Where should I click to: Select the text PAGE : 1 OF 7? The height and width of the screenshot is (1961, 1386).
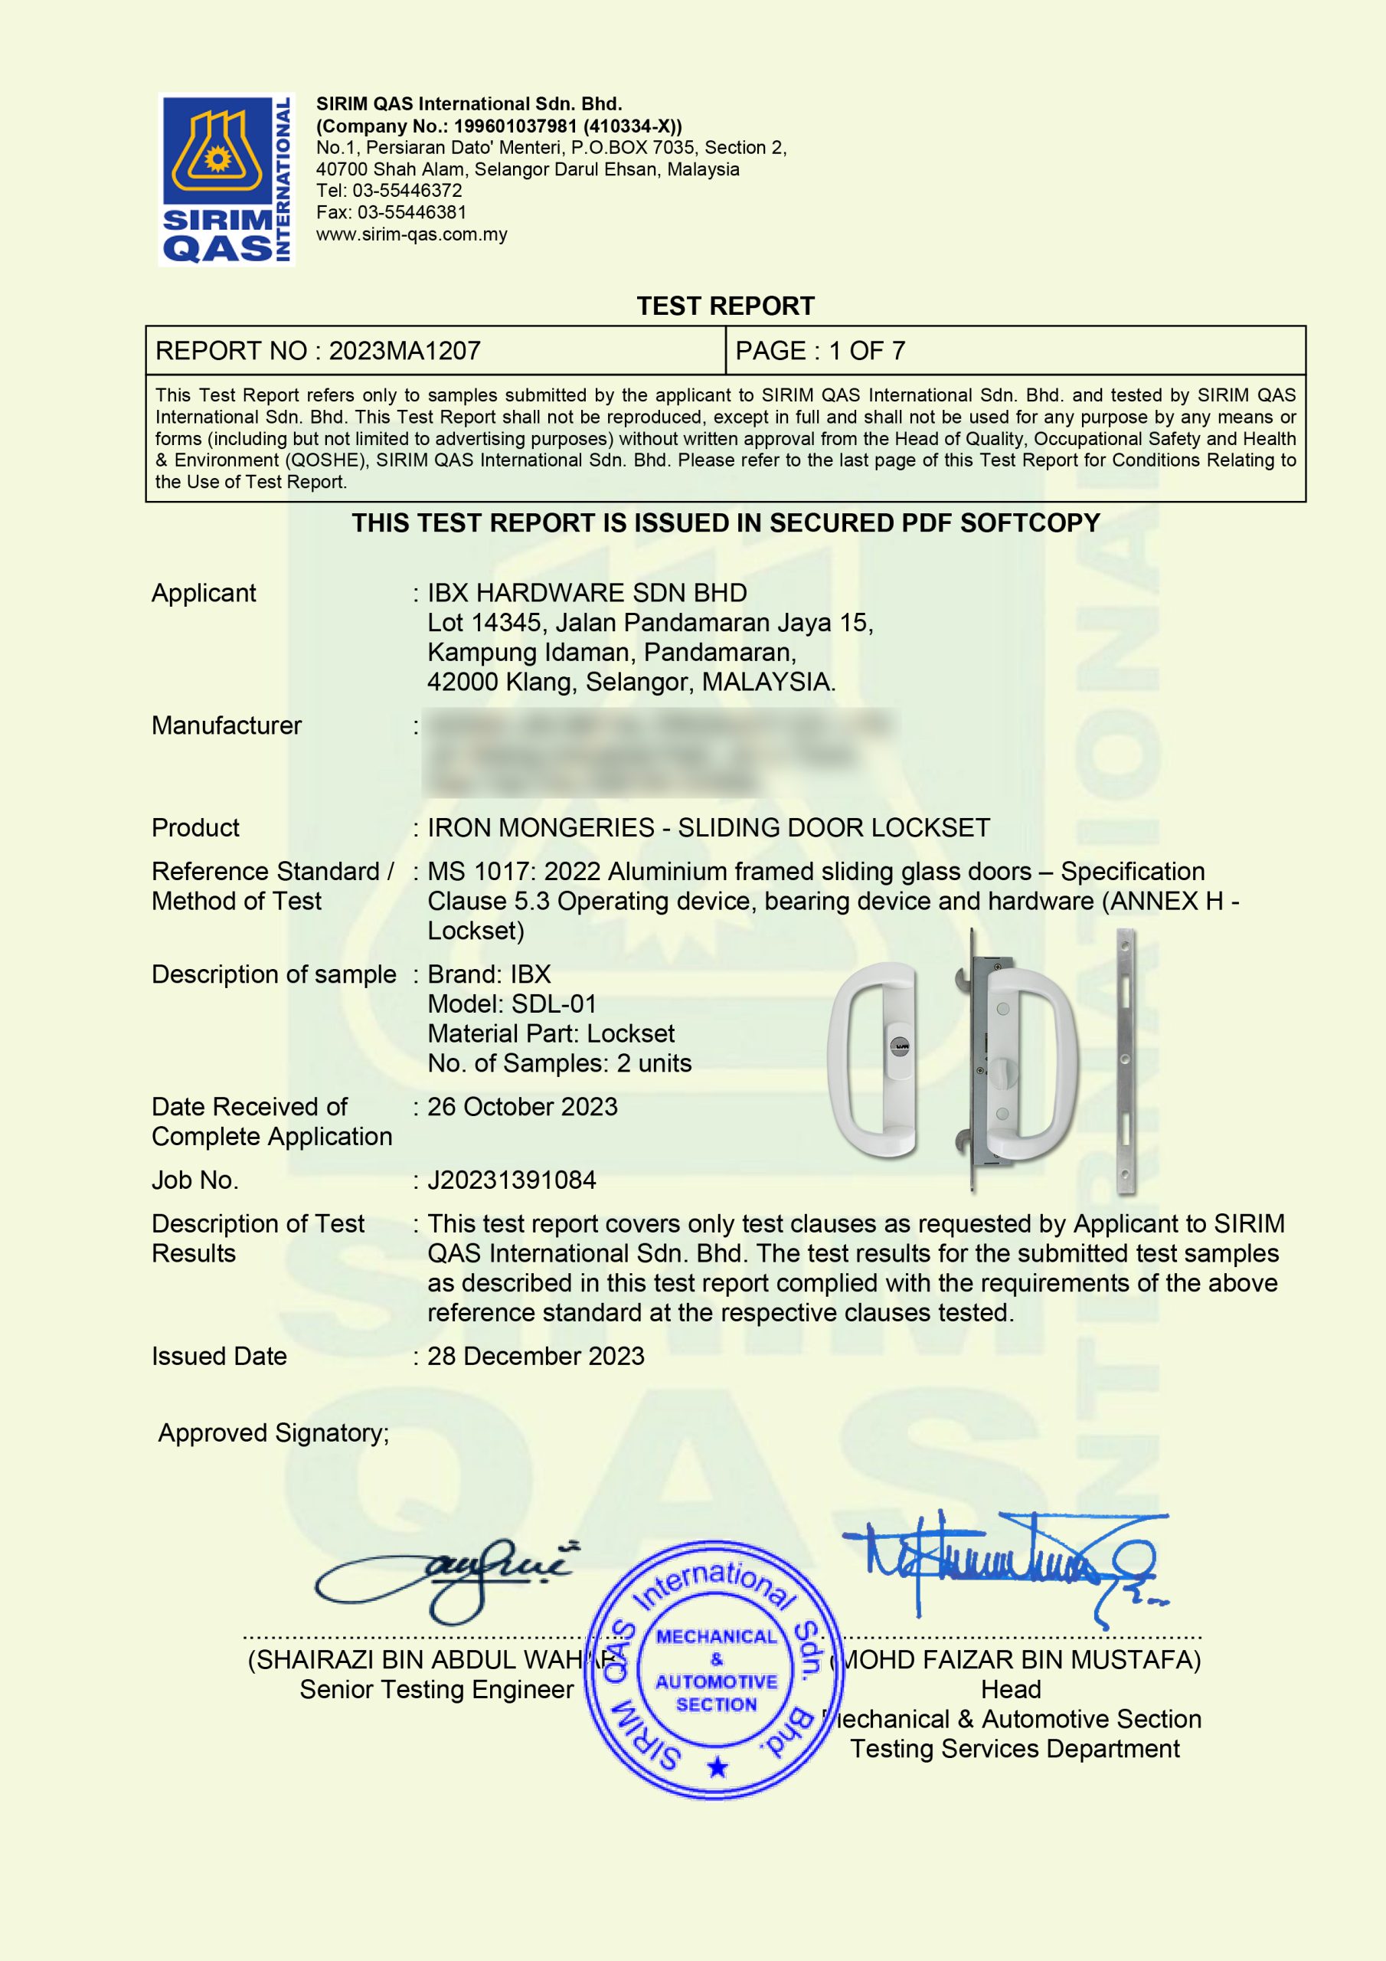coord(820,351)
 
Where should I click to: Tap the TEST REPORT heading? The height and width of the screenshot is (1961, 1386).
coord(725,306)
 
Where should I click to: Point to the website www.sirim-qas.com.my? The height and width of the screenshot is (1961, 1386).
coord(412,235)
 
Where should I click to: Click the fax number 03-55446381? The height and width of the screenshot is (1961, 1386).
coord(410,213)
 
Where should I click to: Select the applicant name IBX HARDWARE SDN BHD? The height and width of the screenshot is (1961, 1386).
coord(587,593)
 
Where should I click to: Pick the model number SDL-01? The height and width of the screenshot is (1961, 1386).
coord(554,1004)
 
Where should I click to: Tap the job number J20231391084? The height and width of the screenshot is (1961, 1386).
coord(512,1180)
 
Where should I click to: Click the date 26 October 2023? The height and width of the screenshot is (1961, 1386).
coord(521,1107)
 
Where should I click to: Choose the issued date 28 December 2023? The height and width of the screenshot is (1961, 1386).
coord(535,1357)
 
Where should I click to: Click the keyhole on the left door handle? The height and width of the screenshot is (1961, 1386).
coord(901,1046)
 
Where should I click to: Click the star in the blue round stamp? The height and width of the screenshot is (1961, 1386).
coord(718,1766)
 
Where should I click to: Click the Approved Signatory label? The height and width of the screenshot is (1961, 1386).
coord(273,1433)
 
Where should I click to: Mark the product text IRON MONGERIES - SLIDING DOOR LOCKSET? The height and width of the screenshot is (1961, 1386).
coord(708,827)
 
